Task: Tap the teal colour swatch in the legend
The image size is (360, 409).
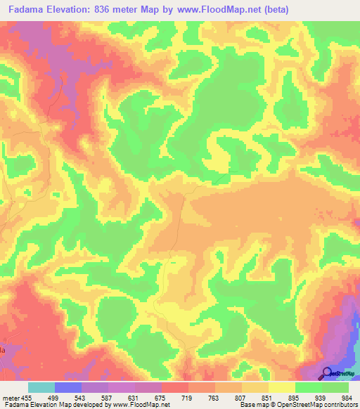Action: coord(41,387)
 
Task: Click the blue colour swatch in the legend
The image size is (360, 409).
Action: coord(68,387)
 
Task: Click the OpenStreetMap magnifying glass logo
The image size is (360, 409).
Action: coord(327,373)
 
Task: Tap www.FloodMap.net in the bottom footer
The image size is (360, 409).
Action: coord(139,405)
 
